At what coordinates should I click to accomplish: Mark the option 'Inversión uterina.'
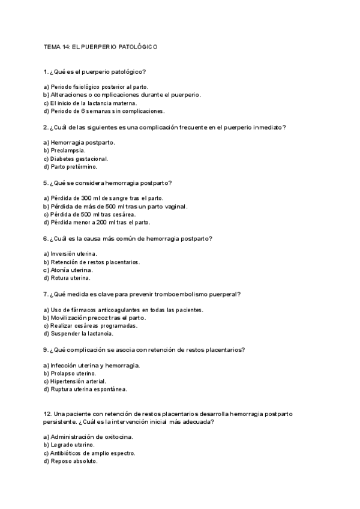pyautogui.click(x=74, y=254)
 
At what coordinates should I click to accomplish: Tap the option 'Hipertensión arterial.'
pyautogui.click(x=78, y=381)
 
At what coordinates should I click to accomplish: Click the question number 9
pyautogui.click(x=46, y=350)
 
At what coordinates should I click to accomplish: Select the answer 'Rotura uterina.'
pyautogui.click(x=71, y=278)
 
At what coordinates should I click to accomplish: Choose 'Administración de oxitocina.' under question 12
pyautogui.click(x=92, y=436)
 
